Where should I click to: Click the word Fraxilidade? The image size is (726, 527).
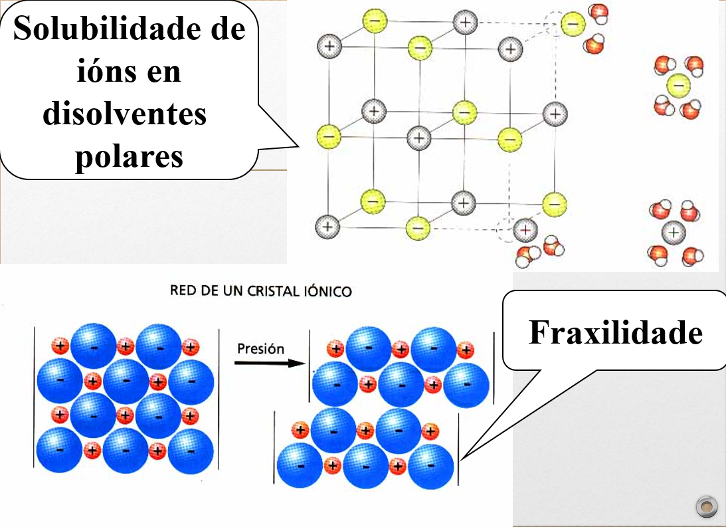(615, 332)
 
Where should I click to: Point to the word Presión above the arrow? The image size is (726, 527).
(260, 348)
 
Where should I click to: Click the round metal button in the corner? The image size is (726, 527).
(706, 507)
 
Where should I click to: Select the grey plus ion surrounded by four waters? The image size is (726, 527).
(674, 233)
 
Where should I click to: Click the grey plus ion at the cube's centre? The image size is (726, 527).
(418, 138)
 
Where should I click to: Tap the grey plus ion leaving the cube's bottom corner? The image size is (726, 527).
(525, 230)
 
